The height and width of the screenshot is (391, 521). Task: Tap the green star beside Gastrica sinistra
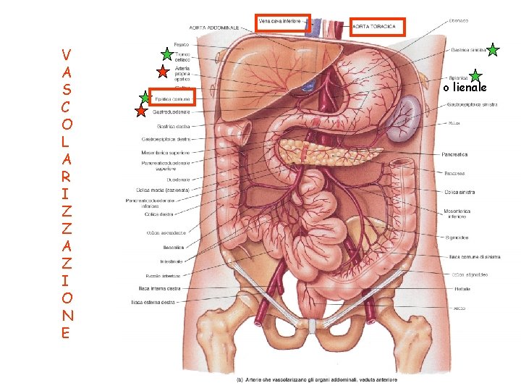tap(493, 50)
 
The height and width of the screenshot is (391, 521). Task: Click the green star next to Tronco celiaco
tap(166, 54)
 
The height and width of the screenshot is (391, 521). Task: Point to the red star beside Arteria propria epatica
tap(164, 71)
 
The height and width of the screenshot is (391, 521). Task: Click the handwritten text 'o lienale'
tap(465, 87)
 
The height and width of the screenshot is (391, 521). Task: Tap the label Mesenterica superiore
tap(165, 153)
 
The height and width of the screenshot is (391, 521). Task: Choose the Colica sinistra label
tap(459, 191)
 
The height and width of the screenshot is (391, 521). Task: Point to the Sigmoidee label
tap(457, 237)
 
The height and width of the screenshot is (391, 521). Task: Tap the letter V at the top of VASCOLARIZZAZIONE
tap(66, 54)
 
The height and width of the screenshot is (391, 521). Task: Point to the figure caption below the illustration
tap(318, 380)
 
